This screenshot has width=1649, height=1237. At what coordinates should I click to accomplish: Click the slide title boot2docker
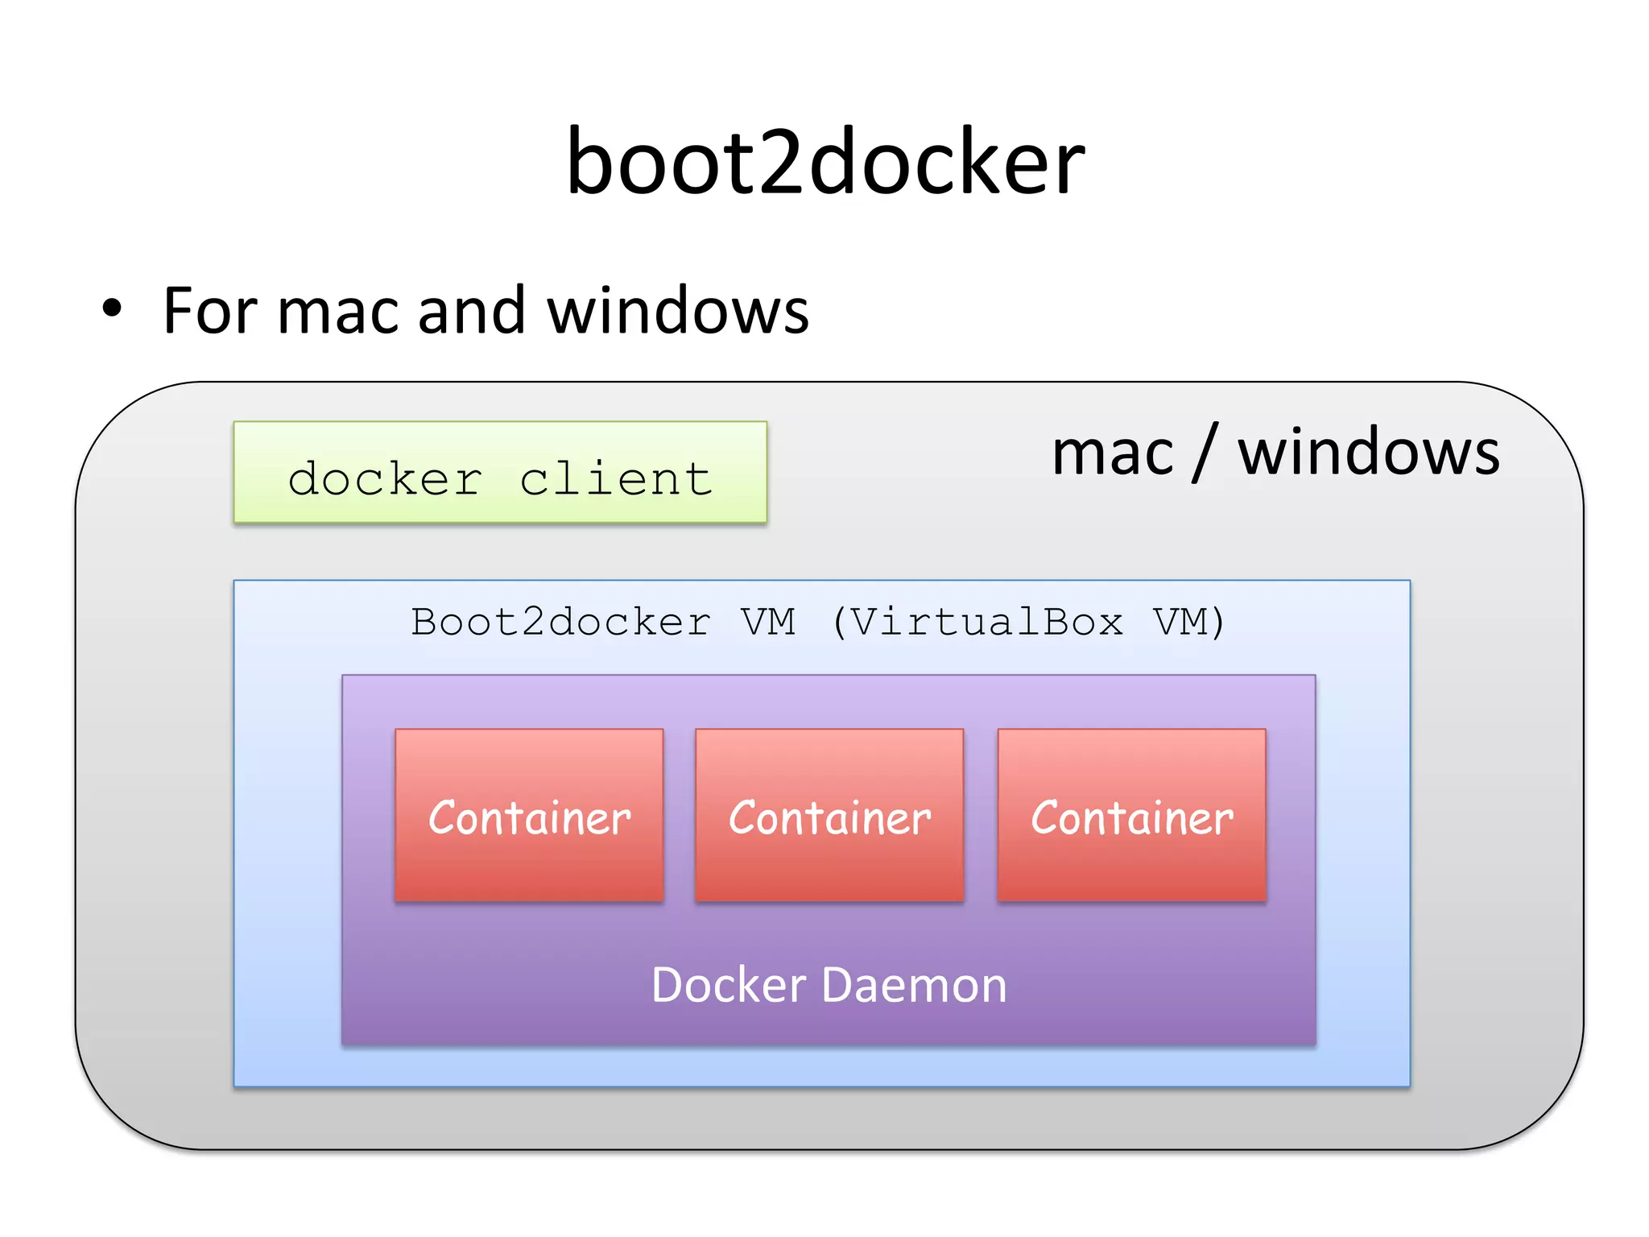click(x=824, y=163)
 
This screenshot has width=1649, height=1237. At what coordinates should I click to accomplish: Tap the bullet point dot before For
click(x=112, y=308)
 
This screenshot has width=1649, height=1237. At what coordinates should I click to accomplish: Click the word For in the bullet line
click(x=209, y=311)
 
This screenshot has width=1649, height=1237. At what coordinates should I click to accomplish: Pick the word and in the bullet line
click(x=472, y=311)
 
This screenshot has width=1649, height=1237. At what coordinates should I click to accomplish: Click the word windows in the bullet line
click(x=678, y=311)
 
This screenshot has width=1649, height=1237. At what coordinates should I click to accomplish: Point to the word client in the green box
click(x=616, y=479)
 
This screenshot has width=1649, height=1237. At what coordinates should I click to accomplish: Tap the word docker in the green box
click(x=385, y=479)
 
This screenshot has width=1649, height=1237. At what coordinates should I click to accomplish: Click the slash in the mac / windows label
click(x=1205, y=453)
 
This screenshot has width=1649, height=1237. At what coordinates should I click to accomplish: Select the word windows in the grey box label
click(x=1368, y=453)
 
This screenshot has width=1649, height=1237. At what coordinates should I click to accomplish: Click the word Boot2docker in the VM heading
click(x=560, y=623)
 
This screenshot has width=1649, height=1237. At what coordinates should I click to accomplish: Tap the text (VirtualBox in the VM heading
click(x=977, y=623)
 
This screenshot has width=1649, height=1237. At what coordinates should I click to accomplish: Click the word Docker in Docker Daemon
click(x=728, y=985)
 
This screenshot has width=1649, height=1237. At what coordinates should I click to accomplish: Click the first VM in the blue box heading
click(x=768, y=623)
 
